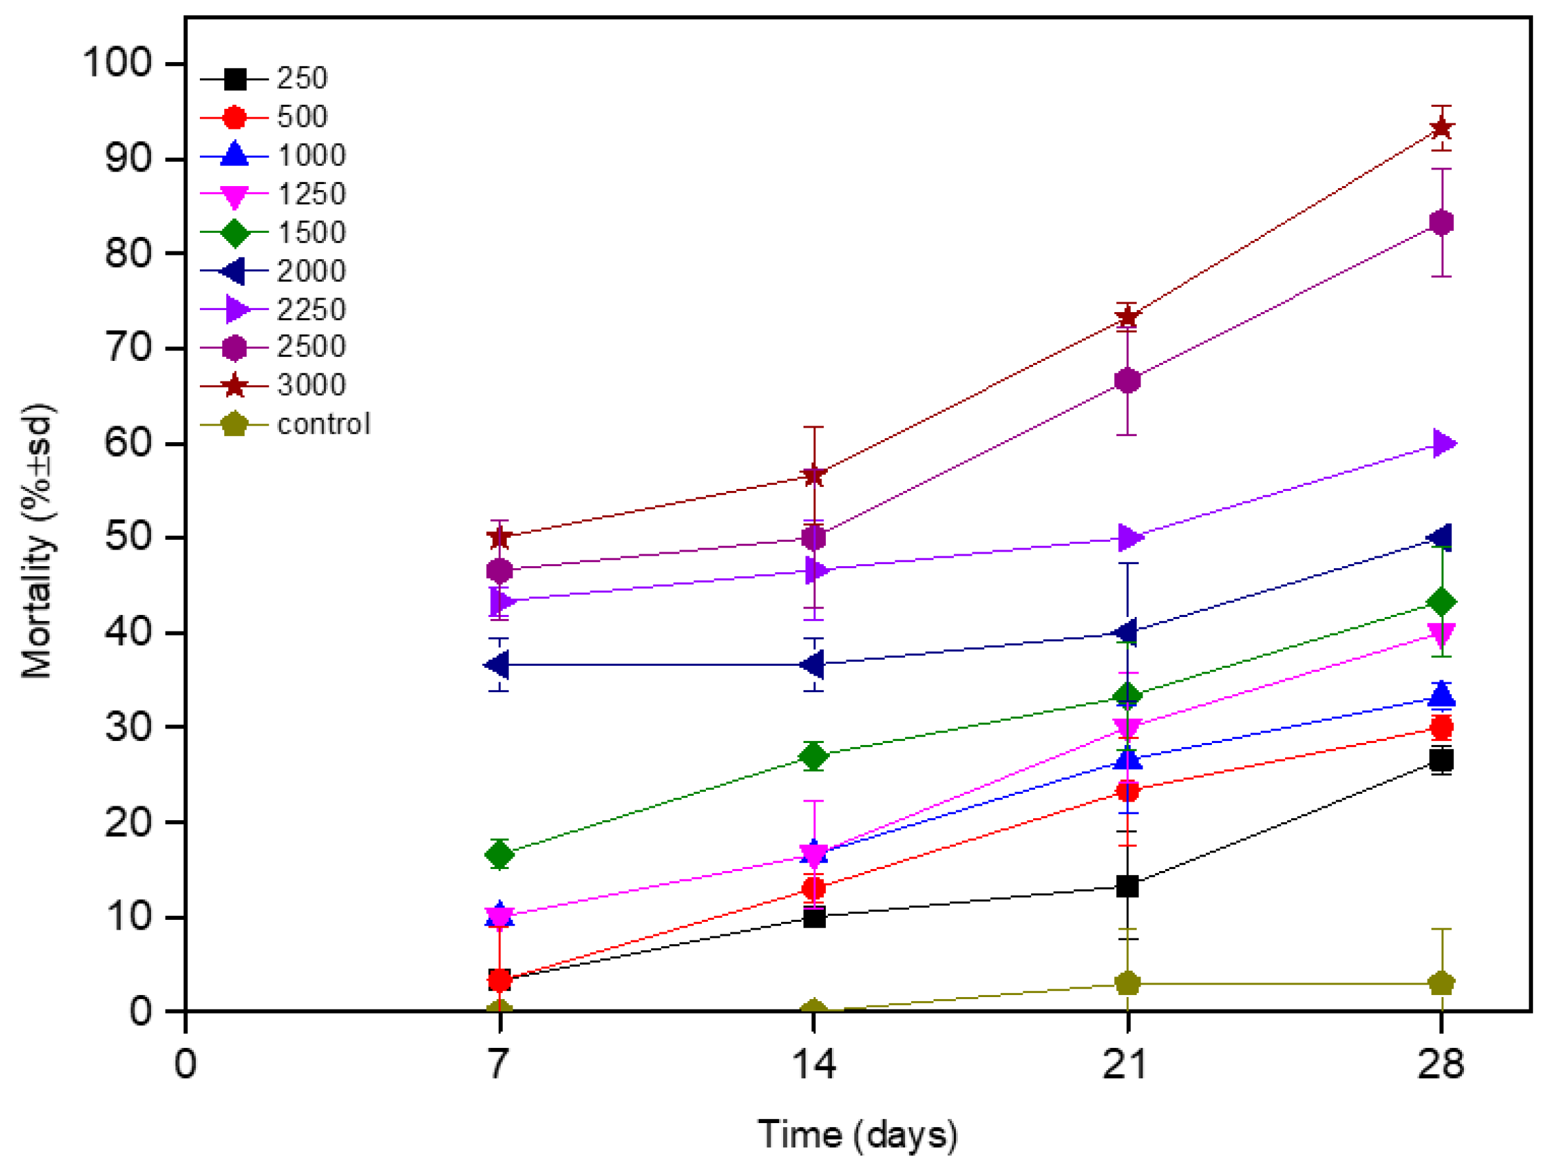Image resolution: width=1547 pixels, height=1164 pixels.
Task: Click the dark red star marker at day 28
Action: (1441, 128)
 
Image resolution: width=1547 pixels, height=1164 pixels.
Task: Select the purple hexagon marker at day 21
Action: (1127, 381)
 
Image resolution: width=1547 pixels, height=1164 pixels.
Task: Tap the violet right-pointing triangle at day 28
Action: (1443, 443)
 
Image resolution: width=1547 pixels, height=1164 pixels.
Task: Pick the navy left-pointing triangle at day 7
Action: (497, 664)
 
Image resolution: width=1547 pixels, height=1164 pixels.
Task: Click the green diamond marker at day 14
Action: (813, 756)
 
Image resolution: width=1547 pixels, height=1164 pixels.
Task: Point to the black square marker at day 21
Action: (1127, 886)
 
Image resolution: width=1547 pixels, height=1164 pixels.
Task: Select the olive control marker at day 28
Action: (1441, 983)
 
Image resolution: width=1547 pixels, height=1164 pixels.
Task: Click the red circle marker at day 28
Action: (1441, 727)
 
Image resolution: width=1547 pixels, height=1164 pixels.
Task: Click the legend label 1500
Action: (311, 233)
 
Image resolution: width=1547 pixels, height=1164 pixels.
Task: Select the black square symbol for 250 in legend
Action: (235, 79)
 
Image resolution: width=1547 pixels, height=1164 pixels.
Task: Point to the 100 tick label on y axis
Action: (117, 63)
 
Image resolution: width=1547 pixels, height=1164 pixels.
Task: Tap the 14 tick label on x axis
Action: (813, 1064)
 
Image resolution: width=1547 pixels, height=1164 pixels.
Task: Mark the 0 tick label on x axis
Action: (185, 1064)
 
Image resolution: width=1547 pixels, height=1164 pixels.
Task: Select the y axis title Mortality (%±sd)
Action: (37, 540)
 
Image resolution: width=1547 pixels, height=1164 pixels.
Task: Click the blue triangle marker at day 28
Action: (1441, 695)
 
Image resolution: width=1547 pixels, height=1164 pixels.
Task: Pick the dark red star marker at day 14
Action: (813, 476)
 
